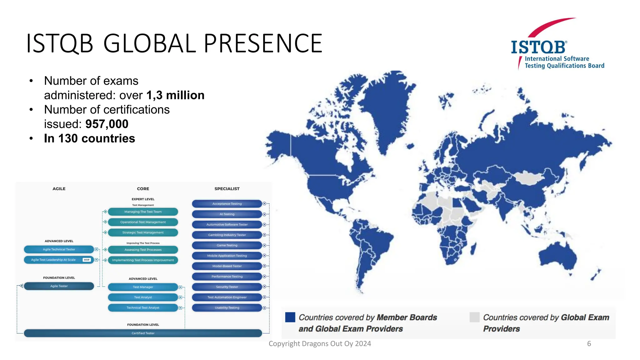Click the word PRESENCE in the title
click(x=263, y=43)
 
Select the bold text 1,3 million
click(x=175, y=95)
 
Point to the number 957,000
click(x=107, y=124)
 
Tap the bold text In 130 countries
click(x=89, y=138)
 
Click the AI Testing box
click(x=227, y=214)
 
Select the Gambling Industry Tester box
click(x=227, y=235)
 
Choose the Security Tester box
click(x=227, y=287)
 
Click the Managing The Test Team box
click(x=143, y=212)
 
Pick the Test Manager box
click(x=143, y=287)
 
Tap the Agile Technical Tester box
click(x=59, y=249)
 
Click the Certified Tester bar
click(x=143, y=333)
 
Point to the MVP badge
click(x=87, y=260)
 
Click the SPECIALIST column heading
click(x=227, y=189)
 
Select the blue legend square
click(x=290, y=317)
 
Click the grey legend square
click(x=474, y=317)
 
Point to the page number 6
click(x=589, y=344)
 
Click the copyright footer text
click(x=320, y=344)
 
